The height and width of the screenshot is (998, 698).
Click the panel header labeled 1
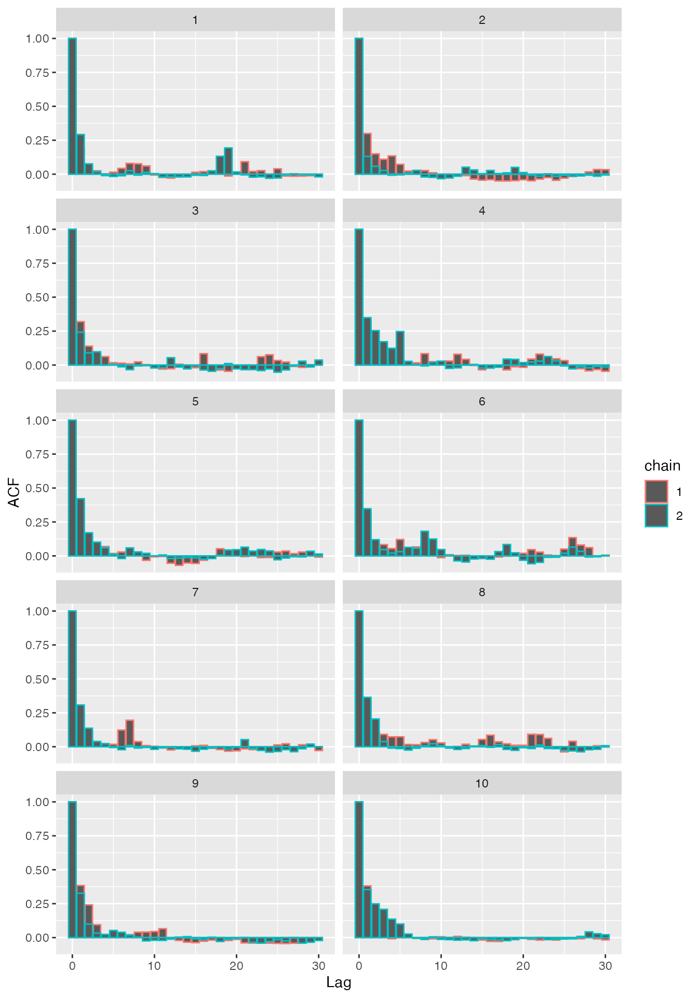point(195,20)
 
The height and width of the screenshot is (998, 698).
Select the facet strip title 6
point(481,402)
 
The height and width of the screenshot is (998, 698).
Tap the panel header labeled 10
point(481,783)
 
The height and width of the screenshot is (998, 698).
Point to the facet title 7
point(195,593)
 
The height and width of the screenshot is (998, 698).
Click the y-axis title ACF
point(14,493)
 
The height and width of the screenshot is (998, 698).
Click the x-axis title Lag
point(339,982)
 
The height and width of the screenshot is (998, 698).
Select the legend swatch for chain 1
point(656,492)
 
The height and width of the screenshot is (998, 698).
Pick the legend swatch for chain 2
point(656,516)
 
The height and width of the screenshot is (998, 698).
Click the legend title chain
point(662,466)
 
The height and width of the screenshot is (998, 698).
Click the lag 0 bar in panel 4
point(359,297)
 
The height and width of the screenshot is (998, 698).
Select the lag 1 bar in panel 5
point(80,527)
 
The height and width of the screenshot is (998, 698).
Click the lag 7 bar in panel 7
point(130,733)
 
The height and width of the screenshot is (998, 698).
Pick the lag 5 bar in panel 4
point(400,348)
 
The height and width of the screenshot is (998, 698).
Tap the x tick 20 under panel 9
point(236,966)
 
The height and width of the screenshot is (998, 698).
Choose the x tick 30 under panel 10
point(605,966)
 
